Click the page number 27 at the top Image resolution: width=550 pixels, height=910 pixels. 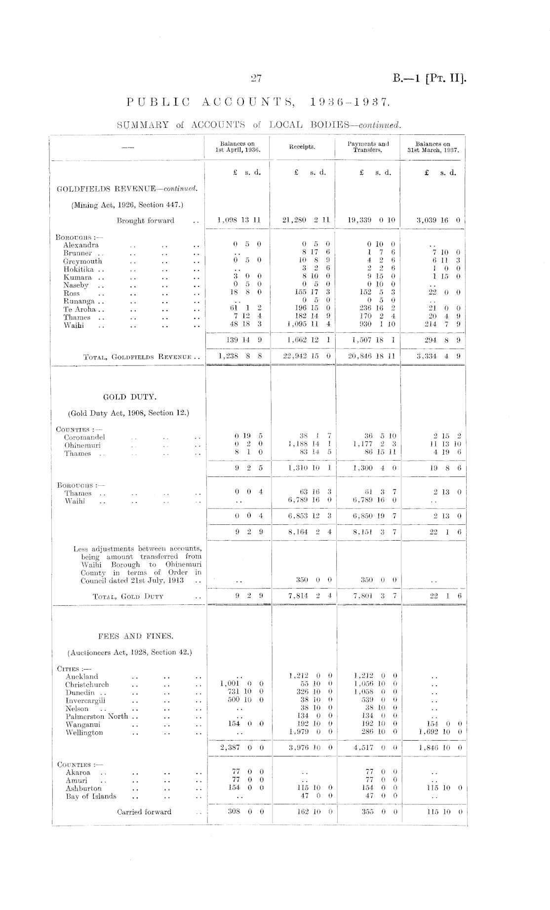point(256,78)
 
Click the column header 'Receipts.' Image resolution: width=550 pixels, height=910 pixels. point(302,147)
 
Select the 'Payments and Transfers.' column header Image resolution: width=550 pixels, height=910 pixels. point(368,147)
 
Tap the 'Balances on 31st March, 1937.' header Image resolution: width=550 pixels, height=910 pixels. point(433,147)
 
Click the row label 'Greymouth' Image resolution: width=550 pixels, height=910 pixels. point(82,261)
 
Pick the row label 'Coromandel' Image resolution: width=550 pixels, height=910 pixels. point(84,437)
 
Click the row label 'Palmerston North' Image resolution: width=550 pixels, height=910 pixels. point(97,716)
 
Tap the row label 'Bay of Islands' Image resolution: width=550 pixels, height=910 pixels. point(91,796)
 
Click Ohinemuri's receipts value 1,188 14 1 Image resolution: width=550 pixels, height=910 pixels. point(308,445)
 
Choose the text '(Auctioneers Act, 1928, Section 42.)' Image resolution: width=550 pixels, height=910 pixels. point(129,652)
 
